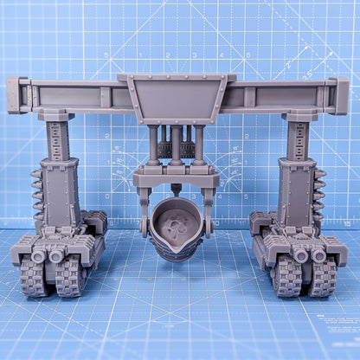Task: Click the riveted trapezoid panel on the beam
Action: [180, 98]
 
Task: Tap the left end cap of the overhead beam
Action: [17, 94]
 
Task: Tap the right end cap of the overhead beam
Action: [338, 94]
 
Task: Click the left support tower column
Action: [58, 173]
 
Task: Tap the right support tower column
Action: [295, 173]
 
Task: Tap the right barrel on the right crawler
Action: [318, 255]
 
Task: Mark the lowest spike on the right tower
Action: [321, 216]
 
